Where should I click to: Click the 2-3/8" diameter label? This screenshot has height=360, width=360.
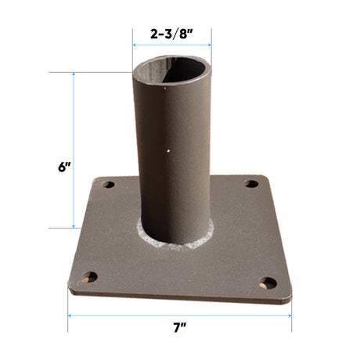[x=171, y=34]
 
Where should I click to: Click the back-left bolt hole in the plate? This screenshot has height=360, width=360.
[x=108, y=185]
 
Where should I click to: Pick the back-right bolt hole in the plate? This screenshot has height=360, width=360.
[x=251, y=184]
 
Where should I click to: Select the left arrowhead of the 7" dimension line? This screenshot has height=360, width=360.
[x=70, y=317]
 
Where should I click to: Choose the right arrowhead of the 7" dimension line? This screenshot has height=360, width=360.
[x=290, y=317]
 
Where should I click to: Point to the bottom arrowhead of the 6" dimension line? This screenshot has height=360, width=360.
[x=74, y=226]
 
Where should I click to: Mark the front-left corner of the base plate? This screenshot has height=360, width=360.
[x=70, y=291]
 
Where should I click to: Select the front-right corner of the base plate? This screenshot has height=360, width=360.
[x=290, y=300]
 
